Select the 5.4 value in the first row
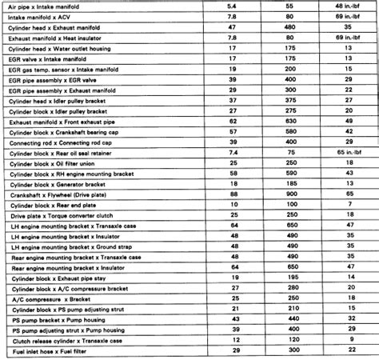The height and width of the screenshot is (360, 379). (232, 6)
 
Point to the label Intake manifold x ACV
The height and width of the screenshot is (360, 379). (50, 16)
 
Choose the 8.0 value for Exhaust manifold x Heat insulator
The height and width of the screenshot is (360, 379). (232, 37)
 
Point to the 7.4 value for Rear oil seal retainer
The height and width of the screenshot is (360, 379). (232, 151)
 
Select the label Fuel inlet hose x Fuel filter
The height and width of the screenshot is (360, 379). (56, 350)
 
